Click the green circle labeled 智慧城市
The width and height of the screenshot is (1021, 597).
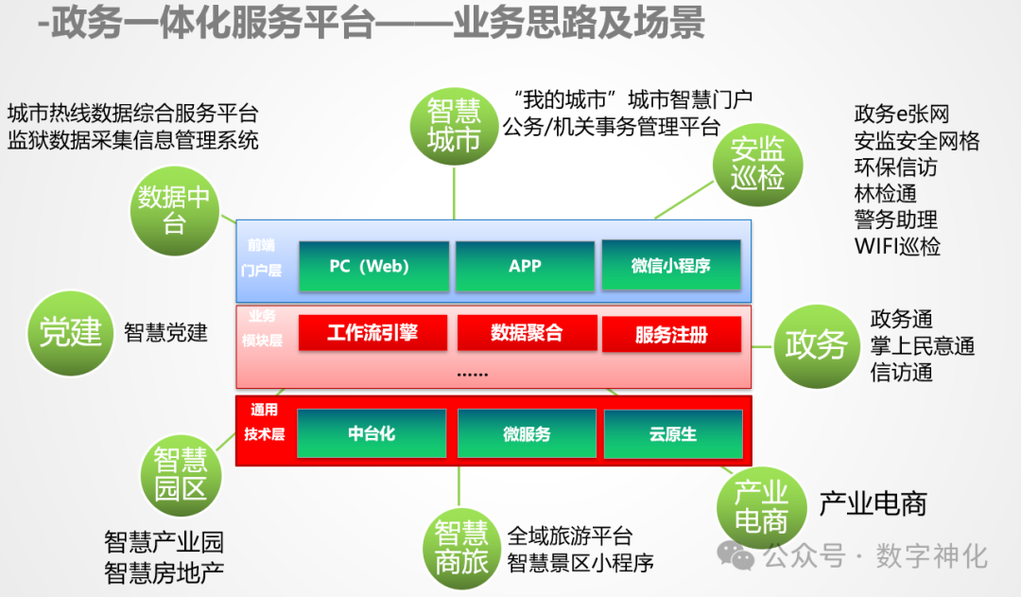454,127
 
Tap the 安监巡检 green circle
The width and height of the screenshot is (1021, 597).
757,162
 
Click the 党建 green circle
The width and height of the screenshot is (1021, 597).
71,332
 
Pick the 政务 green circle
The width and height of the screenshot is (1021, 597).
816,344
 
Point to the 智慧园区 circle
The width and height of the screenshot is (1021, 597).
181,475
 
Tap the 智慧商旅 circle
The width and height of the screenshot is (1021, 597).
461,546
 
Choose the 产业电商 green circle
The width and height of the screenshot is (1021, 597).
761,506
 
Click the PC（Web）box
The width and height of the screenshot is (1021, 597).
373,267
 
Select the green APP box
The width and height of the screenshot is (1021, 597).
525,266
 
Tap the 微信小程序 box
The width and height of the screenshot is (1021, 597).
670,266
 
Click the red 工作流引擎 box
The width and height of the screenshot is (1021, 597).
372,333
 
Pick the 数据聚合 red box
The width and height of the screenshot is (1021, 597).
527,333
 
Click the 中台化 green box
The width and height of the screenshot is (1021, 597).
372,433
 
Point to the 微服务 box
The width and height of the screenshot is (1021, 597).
527,434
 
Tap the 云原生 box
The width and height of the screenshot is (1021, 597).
673,434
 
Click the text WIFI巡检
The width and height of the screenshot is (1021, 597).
897,247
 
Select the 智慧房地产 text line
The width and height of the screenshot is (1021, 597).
164,571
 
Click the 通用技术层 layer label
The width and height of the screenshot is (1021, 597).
264,423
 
